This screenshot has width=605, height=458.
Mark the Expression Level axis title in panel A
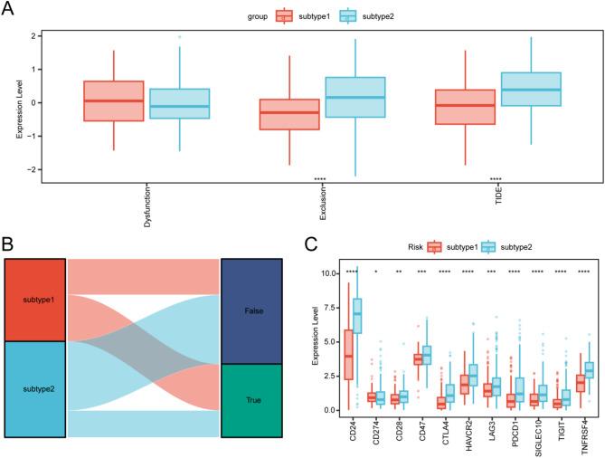coord(20,102)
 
